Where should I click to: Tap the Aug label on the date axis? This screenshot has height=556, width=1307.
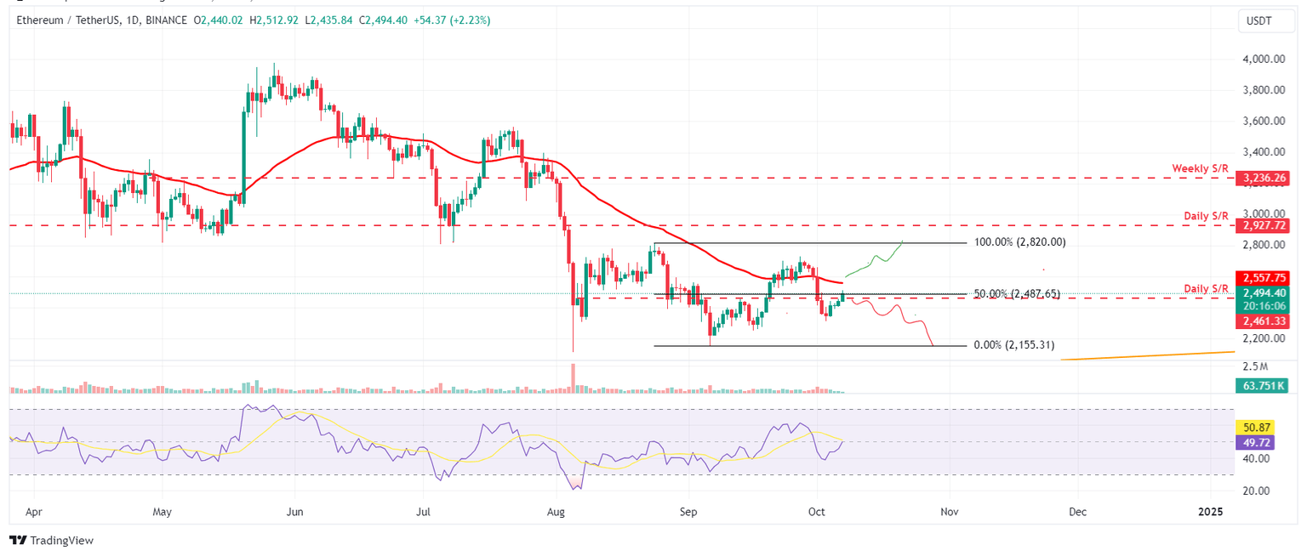coord(556,513)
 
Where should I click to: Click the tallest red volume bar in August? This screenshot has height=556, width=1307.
coord(574,378)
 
